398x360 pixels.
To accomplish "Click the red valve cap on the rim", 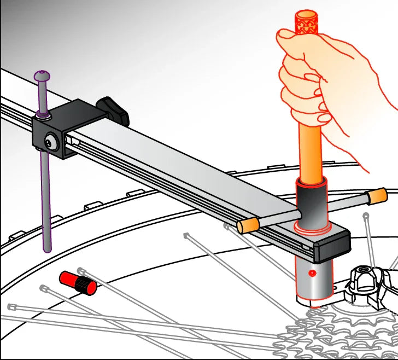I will point(78,282).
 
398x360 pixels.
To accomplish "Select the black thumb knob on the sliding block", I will point(113,109).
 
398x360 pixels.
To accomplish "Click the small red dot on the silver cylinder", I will point(312,272).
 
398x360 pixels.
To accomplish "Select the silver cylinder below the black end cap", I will point(313,279).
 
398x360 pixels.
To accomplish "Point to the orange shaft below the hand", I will point(309,153).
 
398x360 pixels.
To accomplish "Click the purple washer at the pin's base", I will point(42,114).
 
